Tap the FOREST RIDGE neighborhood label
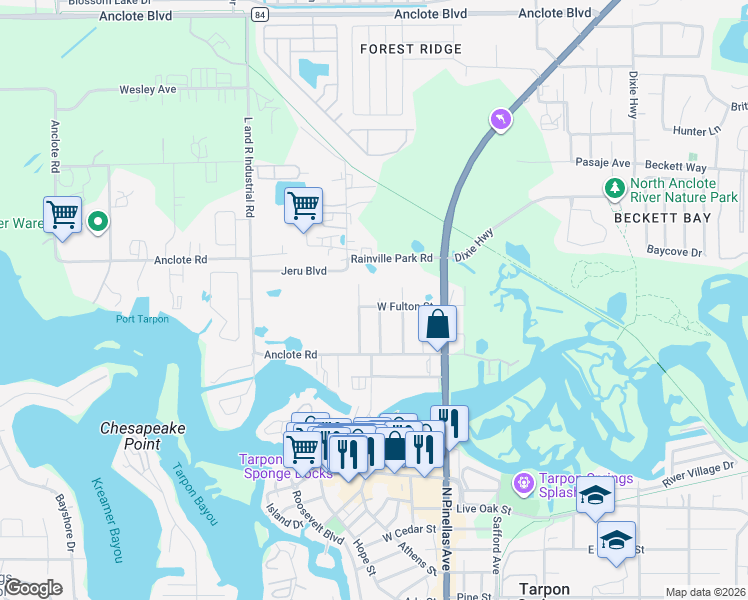point(410,49)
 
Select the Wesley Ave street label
point(148,89)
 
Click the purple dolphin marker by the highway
point(500,120)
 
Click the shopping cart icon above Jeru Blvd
point(303,206)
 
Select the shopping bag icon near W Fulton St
point(437,324)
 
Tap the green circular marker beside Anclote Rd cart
point(98,221)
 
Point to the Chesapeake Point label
point(143,435)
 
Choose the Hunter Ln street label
point(696,130)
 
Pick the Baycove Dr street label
point(674,251)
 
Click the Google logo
point(32,588)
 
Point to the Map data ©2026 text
point(705,592)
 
